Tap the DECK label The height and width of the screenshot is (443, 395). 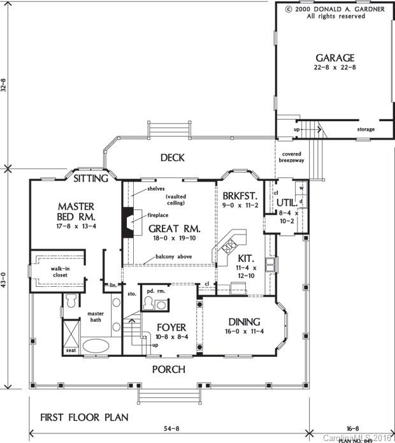click(172, 157)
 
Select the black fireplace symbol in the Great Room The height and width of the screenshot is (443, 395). click(128, 222)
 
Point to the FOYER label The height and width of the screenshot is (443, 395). click(171, 328)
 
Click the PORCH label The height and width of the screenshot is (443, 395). click(168, 370)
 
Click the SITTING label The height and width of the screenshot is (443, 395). click(91, 178)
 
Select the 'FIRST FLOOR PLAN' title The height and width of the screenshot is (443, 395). click(84, 418)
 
